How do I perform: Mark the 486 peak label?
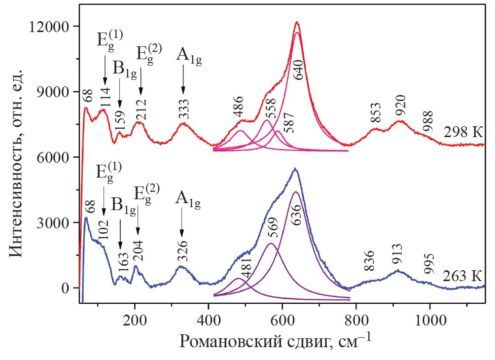click(239, 111)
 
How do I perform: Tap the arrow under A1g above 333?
click(183, 79)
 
